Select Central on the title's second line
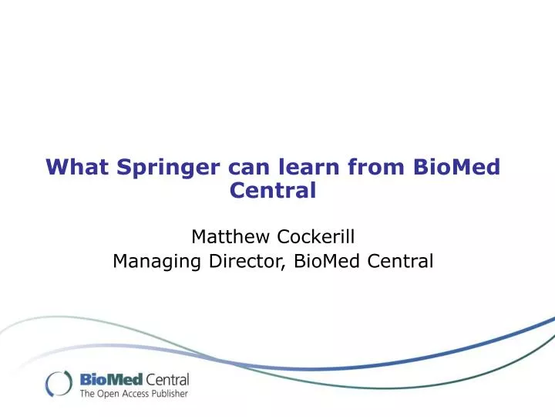pos(274,189)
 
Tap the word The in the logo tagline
pos(88,394)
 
